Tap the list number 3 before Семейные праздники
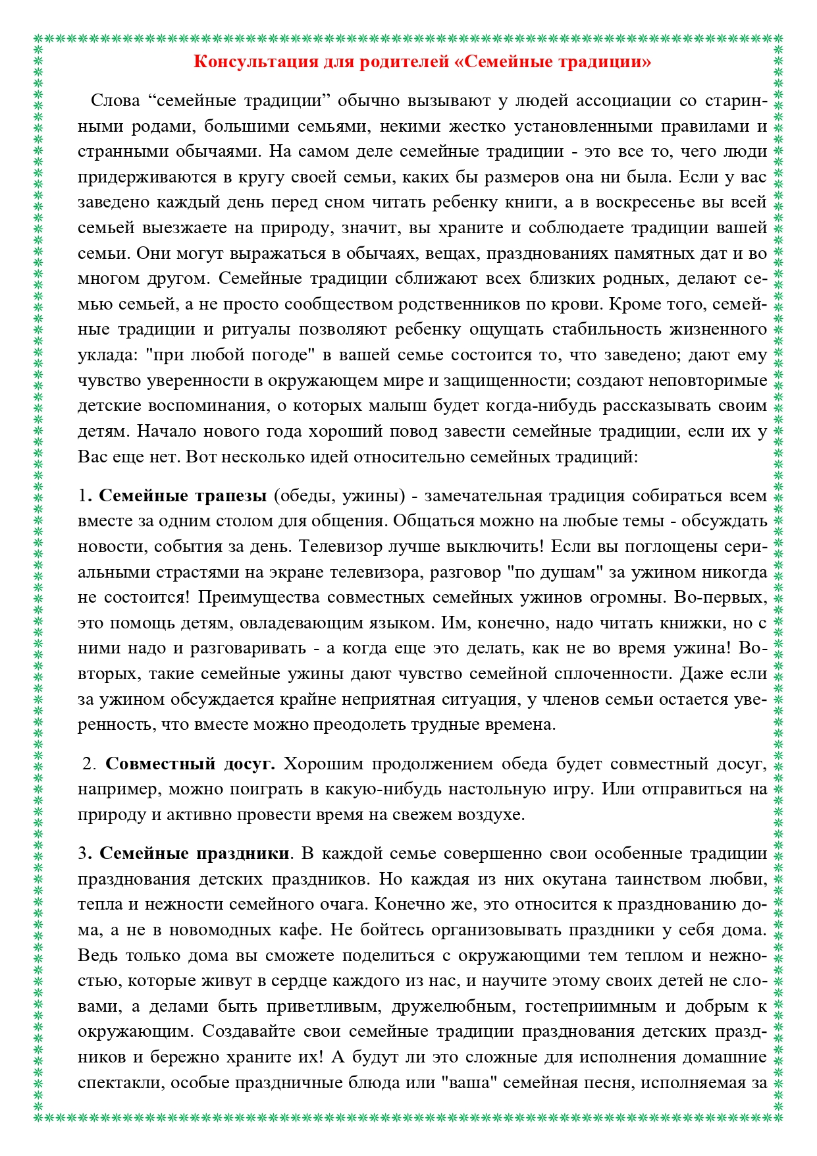tap(82, 854)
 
